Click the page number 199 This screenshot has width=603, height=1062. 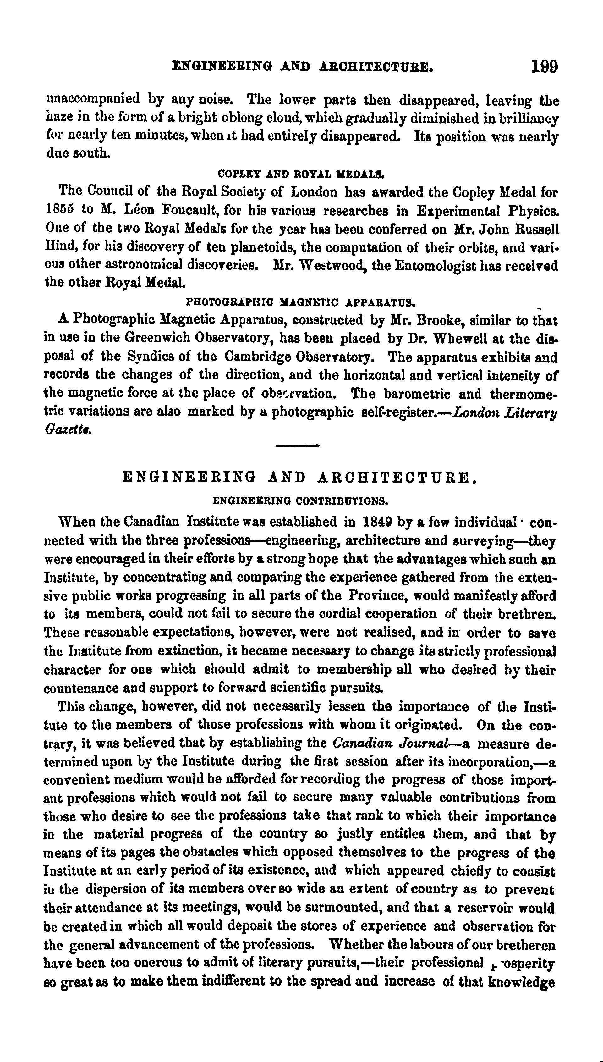(x=544, y=66)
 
